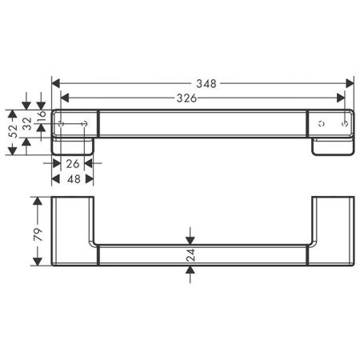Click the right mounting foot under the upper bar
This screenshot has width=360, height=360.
click(333, 149)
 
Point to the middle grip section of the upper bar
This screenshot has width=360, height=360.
click(203, 123)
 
